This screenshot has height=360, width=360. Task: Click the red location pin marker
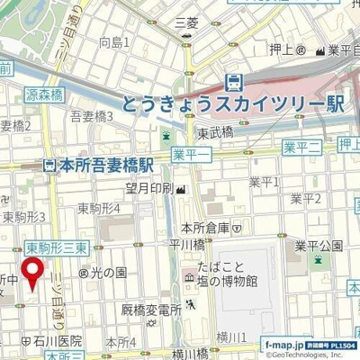(33, 274)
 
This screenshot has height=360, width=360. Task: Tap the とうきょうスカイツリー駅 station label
(233, 104)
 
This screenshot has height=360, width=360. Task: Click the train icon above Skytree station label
(234, 82)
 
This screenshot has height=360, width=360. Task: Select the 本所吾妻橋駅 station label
(99, 166)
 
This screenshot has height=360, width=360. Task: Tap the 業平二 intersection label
(301, 146)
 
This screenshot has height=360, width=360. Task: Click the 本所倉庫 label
(205, 228)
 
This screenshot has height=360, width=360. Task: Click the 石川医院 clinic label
(50, 340)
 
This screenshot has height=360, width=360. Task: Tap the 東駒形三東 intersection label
(55, 247)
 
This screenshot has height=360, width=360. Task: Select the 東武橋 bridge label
(216, 131)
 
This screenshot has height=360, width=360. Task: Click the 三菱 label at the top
(186, 21)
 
